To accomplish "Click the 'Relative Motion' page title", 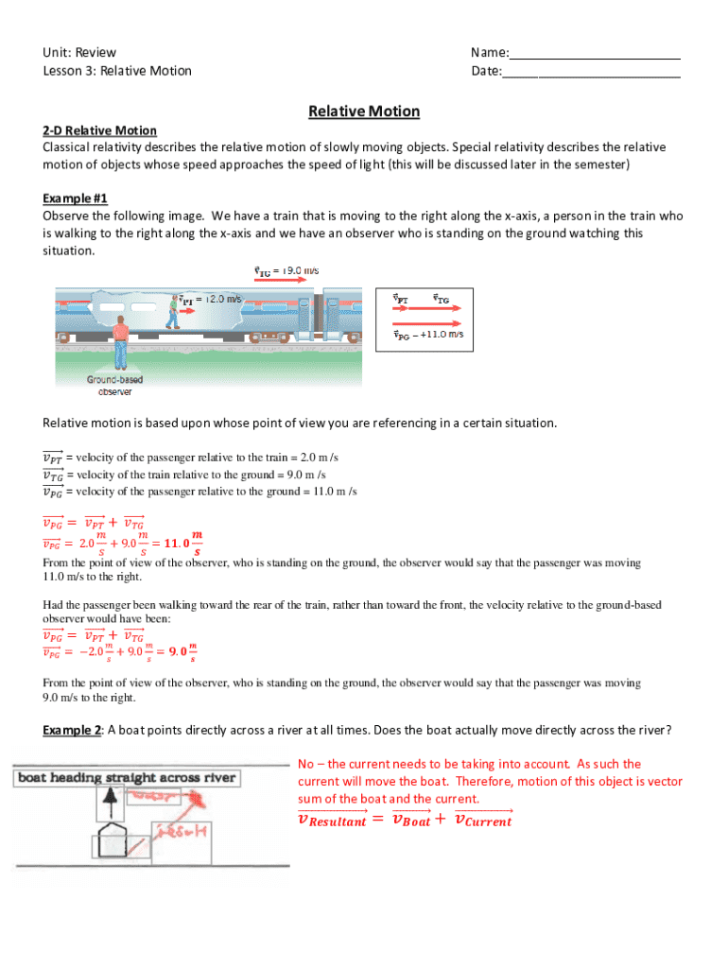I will (x=363, y=112).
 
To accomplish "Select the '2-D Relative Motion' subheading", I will (x=99, y=130).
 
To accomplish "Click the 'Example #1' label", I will (x=76, y=199).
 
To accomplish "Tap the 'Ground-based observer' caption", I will (x=115, y=386).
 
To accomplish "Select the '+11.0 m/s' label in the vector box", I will (x=441, y=334).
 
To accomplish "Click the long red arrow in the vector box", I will (x=427, y=320).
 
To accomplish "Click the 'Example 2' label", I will (x=73, y=730).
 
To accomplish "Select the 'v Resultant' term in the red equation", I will (x=331, y=821).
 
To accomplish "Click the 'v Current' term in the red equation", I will (x=483, y=821).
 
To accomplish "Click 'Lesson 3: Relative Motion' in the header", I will (x=117, y=71).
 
